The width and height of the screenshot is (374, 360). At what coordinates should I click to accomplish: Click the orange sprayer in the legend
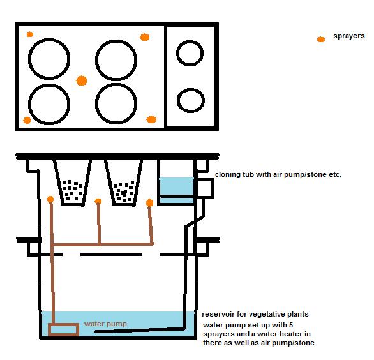click(x=321, y=40)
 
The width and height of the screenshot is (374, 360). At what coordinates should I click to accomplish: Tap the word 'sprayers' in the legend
click(x=349, y=36)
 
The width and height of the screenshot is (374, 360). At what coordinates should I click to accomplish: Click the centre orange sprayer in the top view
click(x=82, y=80)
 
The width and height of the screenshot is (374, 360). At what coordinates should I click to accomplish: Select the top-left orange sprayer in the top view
click(x=30, y=34)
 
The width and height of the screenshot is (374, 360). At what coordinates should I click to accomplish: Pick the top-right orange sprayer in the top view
click(x=145, y=37)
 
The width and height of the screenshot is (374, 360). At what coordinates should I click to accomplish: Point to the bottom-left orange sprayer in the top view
click(x=27, y=120)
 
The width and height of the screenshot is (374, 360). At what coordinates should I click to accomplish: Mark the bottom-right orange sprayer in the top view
click(x=151, y=119)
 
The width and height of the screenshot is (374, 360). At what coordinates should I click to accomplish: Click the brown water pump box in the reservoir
click(x=63, y=324)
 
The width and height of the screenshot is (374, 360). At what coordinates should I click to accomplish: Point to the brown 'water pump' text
click(x=105, y=324)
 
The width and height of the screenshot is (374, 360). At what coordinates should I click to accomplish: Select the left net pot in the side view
click(x=72, y=183)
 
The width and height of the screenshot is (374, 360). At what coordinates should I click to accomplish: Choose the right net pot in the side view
click(x=124, y=183)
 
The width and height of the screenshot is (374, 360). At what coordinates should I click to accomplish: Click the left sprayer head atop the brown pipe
click(x=50, y=199)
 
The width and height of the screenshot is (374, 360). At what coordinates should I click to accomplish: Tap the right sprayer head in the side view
click(x=149, y=203)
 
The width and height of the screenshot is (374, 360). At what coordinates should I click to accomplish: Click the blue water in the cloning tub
click(x=177, y=186)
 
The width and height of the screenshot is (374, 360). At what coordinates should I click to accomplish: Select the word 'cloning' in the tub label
click(x=228, y=175)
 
